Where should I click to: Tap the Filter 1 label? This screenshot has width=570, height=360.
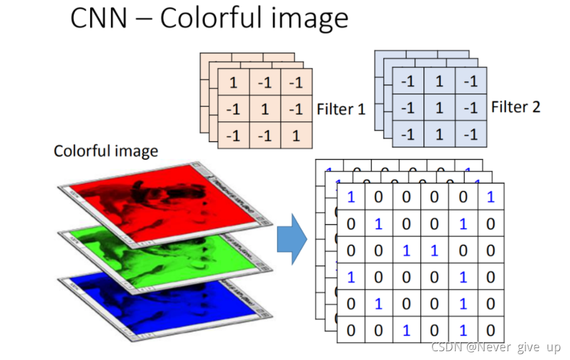(341, 110)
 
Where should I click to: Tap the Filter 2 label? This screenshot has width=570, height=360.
(516, 106)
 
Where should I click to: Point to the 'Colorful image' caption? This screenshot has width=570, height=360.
(106, 151)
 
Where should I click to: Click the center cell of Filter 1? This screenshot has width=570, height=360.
(264, 109)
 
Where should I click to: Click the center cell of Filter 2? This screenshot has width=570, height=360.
(439, 108)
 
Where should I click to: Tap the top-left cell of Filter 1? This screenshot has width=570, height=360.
(233, 83)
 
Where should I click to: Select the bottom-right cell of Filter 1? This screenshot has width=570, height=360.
(296, 135)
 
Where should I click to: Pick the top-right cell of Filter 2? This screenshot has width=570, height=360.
(471, 81)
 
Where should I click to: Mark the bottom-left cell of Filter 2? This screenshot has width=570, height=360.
(408, 134)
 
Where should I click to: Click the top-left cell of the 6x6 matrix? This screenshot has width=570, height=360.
(351, 197)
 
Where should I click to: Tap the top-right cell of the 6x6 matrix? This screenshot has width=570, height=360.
(490, 197)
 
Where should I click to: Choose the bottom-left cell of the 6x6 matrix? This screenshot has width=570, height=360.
(351, 330)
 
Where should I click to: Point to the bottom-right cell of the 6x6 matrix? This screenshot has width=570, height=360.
(490, 330)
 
